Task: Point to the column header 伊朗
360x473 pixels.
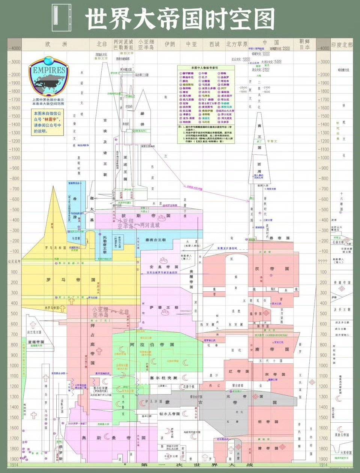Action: [x=170, y=44]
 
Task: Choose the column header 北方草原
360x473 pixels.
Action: [x=236, y=44]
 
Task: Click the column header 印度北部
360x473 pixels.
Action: [x=342, y=45]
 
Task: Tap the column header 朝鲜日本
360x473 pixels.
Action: [x=304, y=45]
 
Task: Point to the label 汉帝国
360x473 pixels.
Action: [x=272, y=269]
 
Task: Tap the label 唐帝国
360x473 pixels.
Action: [x=272, y=349]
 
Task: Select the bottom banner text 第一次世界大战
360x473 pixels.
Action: [x=197, y=465]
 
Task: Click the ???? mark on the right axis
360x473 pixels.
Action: [x=323, y=262]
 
